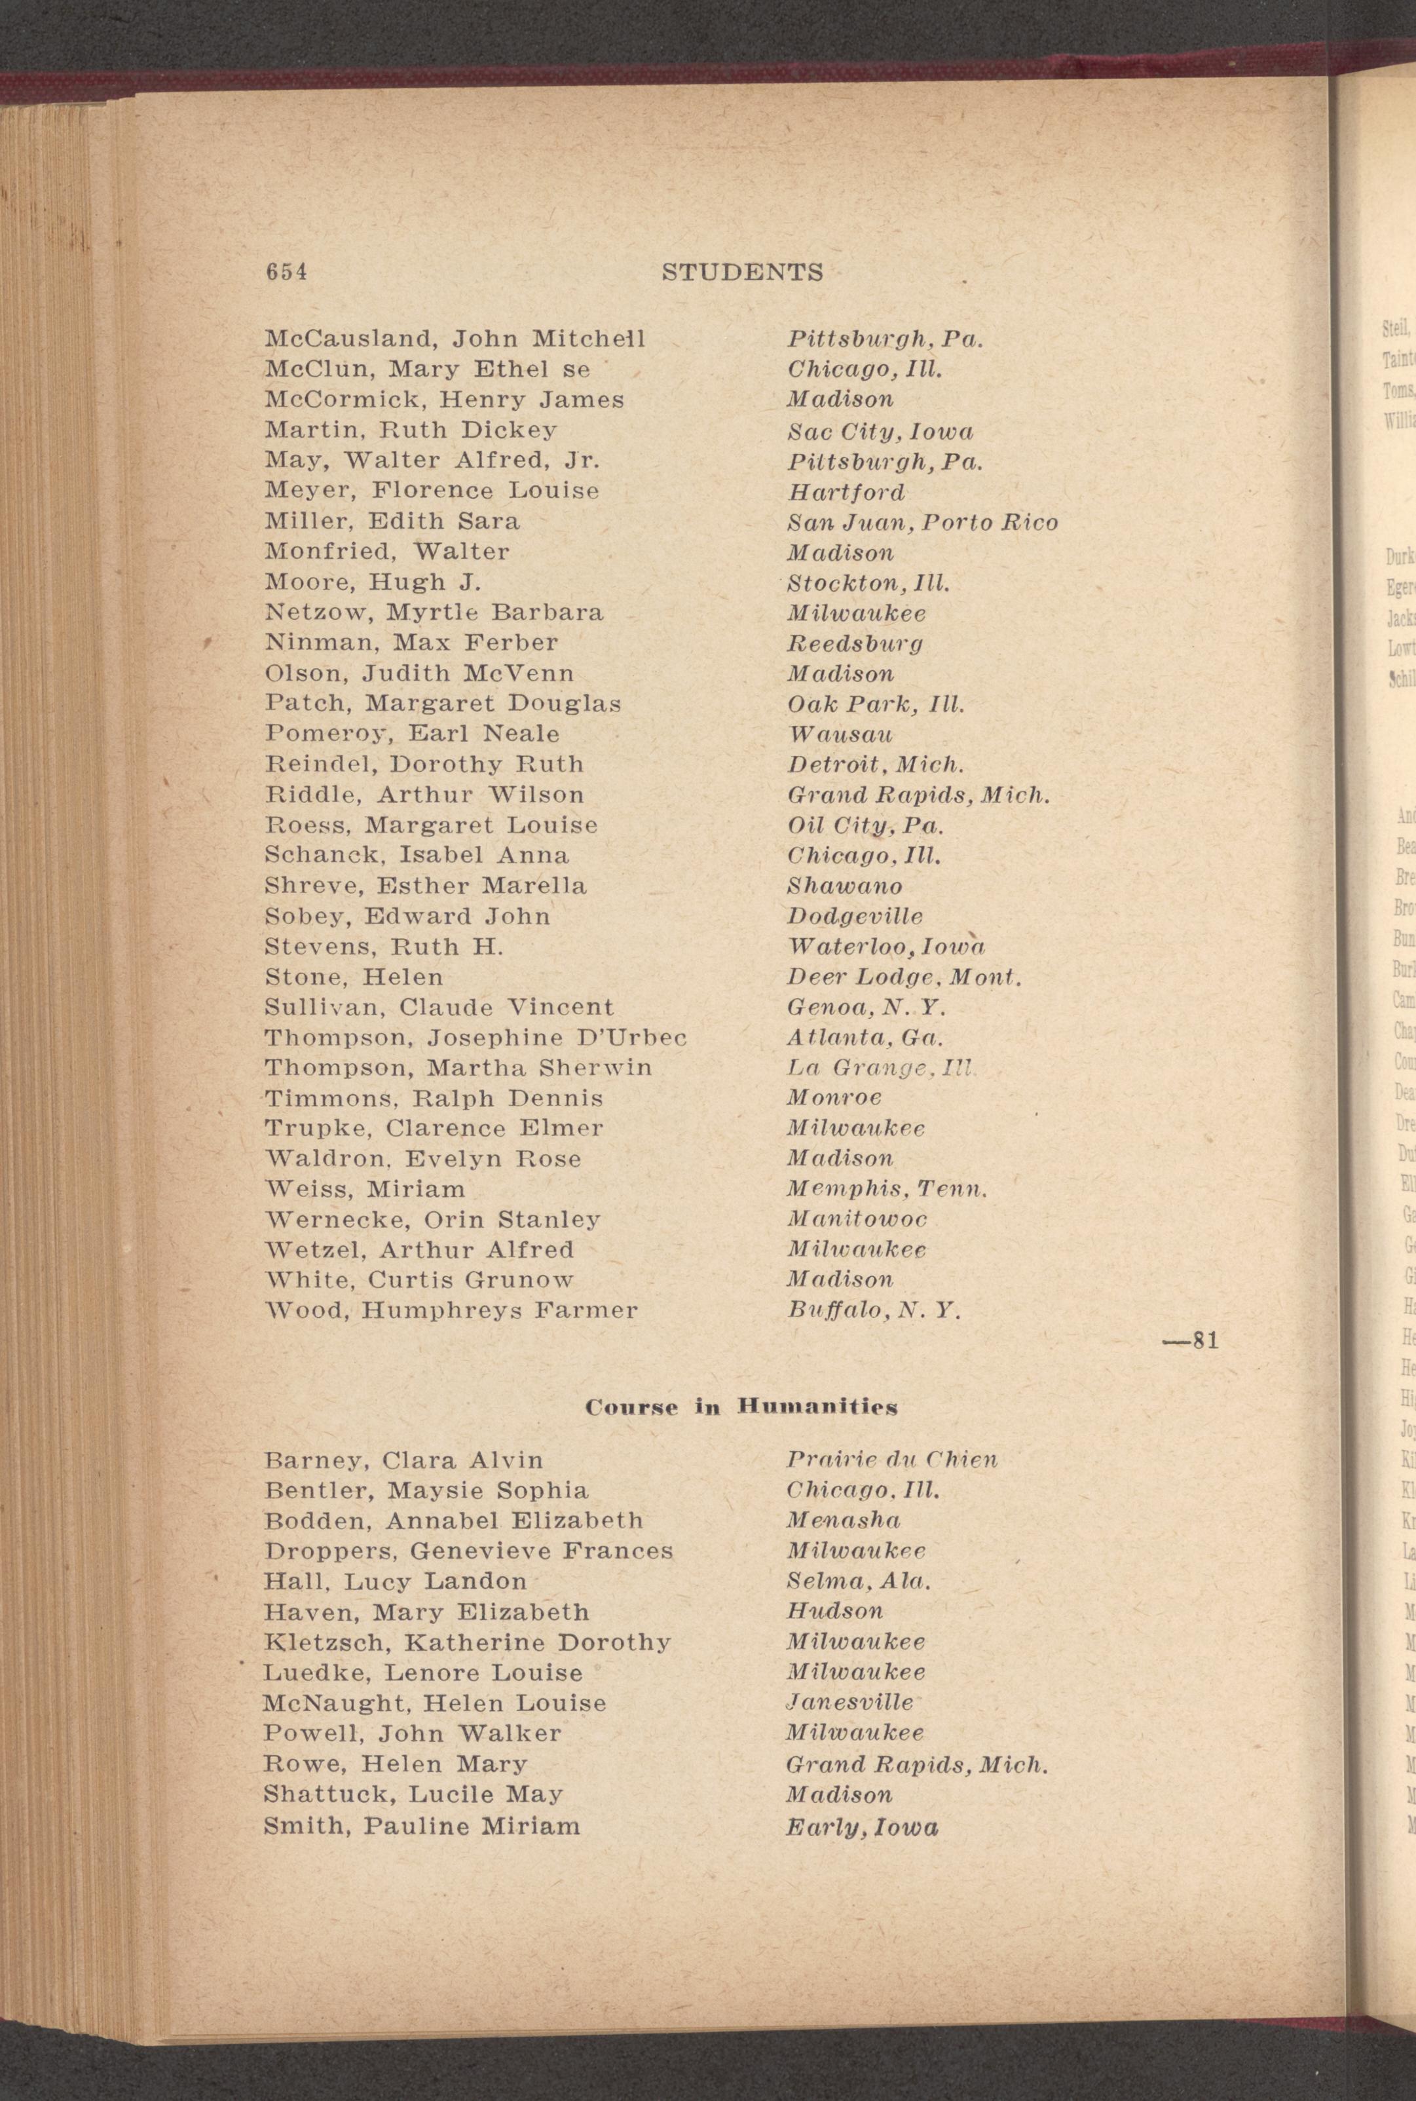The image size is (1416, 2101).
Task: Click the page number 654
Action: [x=286, y=272]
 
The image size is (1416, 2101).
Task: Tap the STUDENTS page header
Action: [x=742, y=272]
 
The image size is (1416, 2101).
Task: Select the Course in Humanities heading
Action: [x=741, y=1407]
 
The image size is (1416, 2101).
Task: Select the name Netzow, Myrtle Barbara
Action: [x=434, y=613]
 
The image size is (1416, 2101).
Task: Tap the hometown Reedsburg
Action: [x=854, y=643]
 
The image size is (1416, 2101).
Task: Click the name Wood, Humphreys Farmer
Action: [x=451, y=1310]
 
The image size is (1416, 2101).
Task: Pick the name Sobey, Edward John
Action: [x=407, y=916]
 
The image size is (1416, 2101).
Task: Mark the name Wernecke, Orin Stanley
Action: [x=432, y=1219]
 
